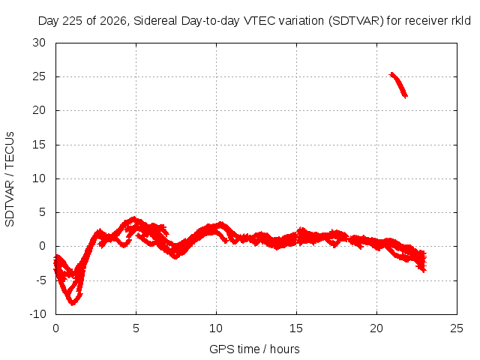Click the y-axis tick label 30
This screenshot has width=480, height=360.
pyautogui.click(x=39, y=43)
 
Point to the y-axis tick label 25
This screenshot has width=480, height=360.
pyautogui.click(x=39, y=76)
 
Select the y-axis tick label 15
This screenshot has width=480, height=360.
pyautogui.click(x=39, y=145)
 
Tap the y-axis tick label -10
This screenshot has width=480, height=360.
pyautogui.click(x=37, y=314)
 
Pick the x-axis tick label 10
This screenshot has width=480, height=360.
pyautogui.click(x=216, y=328)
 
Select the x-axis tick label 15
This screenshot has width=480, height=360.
pyautogui.click(x=296, y=328)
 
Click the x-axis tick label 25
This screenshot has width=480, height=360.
pyautogui.click(x=457, y=328)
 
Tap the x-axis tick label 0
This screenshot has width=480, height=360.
pyautogui.click(x=55, y=328)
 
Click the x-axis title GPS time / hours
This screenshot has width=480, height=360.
pyautogui.click(x=254, y=349)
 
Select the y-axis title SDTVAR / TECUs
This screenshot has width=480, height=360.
pyautogui.click(x=10, y=179)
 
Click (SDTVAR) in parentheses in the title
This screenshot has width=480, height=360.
pyautogui.click(x=356, y=21)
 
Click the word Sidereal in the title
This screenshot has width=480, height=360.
pyautogui.click(x=155, y=21)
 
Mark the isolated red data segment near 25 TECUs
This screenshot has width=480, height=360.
pyautogui.click(x=398, y=85)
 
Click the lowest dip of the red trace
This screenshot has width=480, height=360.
pyautogui.click(x=72, y=303)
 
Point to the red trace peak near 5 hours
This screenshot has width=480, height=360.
pyautogui.click(x=133, y=218)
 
